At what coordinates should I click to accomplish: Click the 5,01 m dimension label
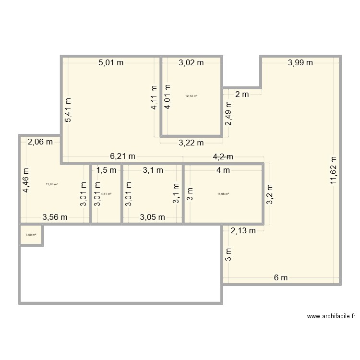pos(110,62)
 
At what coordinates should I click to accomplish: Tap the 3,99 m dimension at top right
pos(300,62)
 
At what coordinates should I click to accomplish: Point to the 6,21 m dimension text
pos(122,156)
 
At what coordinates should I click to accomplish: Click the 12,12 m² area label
pos(191,96)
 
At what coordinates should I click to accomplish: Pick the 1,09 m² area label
pos(31,235)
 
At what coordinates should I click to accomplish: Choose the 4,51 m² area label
pos(106,194)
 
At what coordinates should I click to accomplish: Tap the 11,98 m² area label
pos(223,194)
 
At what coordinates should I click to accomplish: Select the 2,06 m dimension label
pos(40,142)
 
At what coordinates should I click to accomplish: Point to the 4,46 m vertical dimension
pos(26,180)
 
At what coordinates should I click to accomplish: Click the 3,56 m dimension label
pos(55,217)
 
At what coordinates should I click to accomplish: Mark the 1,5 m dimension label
pos(106,170)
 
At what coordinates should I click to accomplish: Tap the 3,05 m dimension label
pos(152,217)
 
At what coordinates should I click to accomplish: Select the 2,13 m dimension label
pos(243,231)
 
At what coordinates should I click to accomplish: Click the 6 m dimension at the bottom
pos(281,277)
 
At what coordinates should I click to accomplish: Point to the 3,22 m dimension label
pos(191,142)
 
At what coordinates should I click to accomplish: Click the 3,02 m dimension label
pos(191,62)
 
